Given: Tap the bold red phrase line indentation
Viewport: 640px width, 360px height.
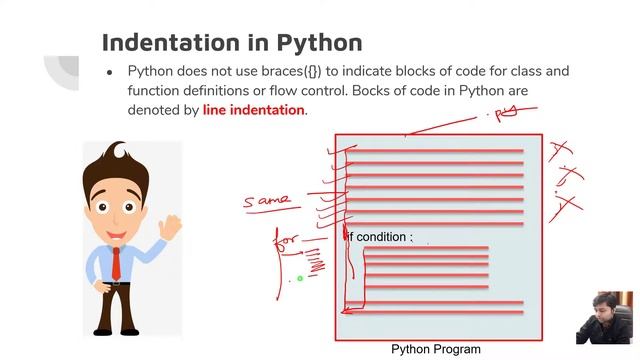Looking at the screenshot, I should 253,110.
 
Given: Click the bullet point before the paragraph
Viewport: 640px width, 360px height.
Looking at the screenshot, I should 109,72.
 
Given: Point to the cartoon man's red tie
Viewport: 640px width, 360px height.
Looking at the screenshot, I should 117,262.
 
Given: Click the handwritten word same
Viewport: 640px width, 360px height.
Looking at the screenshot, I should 267,202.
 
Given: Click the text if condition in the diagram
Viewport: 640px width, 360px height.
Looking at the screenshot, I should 379,237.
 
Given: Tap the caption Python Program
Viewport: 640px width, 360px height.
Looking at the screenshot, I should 435,349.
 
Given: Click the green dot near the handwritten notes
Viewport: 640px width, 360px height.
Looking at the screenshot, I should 299,279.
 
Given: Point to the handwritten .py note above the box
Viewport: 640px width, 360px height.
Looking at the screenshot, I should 504,113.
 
